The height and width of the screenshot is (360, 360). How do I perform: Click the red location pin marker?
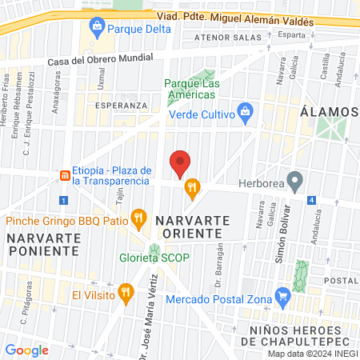(x=180, y=162)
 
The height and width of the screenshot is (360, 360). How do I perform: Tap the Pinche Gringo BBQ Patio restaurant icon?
(x=139, y=216)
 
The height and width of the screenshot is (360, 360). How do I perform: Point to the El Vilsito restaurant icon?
(x=125, y=294)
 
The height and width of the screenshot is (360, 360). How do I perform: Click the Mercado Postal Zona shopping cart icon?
(x=282, y=297)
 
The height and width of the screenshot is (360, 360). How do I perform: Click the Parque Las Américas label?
(x=191, y=88)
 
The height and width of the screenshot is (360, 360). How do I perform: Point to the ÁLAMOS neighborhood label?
(x=331, y=111)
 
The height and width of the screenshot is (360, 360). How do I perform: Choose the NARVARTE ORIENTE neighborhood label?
(x=192, y=226)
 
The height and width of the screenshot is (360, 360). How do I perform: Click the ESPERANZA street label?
(x=121, y=105)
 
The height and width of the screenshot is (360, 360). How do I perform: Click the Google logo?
(x=27, y=350)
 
